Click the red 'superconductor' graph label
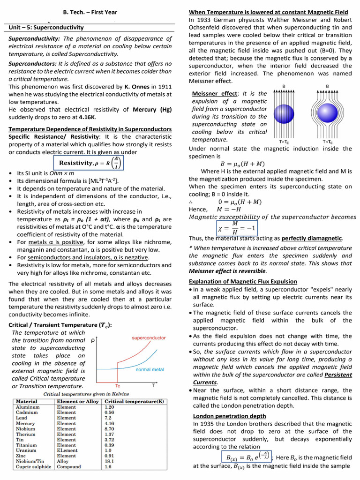coord(149,337)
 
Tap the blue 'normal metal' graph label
coord(150,369)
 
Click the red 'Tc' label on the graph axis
coord(118,385)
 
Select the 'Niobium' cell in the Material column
coord(25,428)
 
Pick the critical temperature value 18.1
coord(109,461)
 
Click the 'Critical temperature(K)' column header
coord(134,402)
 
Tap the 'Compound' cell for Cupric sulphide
coord(69,467)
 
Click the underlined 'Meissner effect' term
coord(215,93)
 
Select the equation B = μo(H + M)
coord(242,164)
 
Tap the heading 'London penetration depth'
coord(229,416)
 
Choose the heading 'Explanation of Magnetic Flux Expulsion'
coord(242,281)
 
